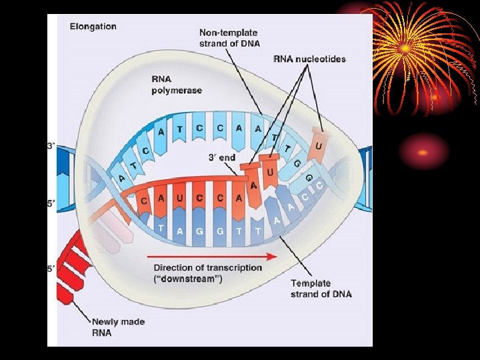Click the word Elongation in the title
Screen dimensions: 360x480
coord(93,27)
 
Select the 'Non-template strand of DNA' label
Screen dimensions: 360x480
coord(229,38)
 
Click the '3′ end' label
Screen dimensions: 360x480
coord(223,158)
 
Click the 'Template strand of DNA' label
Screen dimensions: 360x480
coord(321,289)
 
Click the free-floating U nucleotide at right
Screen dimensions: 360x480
coord(319,145)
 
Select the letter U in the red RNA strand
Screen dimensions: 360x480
coord(178,199)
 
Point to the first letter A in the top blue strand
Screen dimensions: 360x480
coord(161,132)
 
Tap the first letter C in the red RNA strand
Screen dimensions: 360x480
coord(144,201)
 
